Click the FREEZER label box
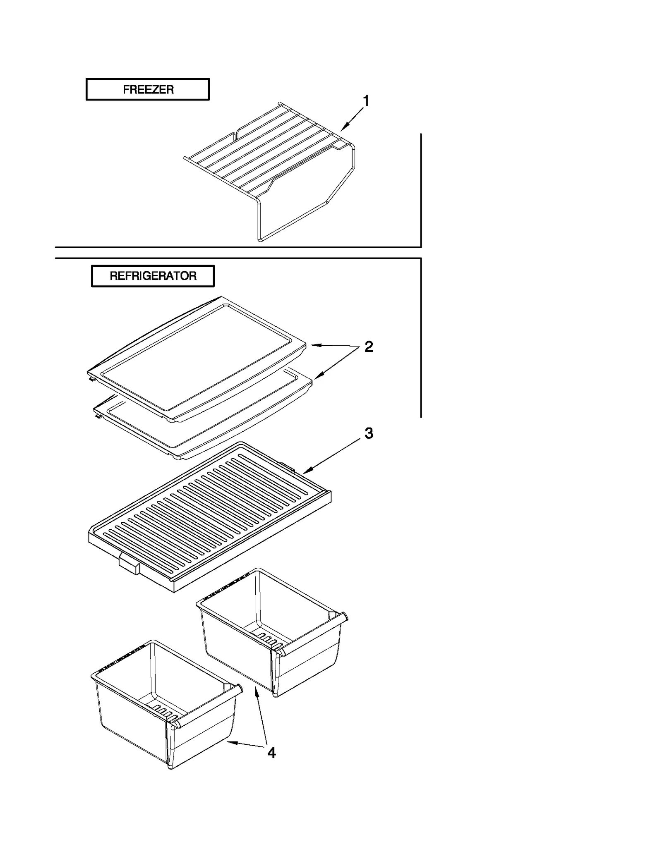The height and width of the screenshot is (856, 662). pos(147,89)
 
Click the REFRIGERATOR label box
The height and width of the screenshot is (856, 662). pos(153,276)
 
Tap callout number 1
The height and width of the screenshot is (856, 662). pos(366,101)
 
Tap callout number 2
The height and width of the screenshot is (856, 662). pos(368,347)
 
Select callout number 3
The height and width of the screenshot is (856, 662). pos(368,433)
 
